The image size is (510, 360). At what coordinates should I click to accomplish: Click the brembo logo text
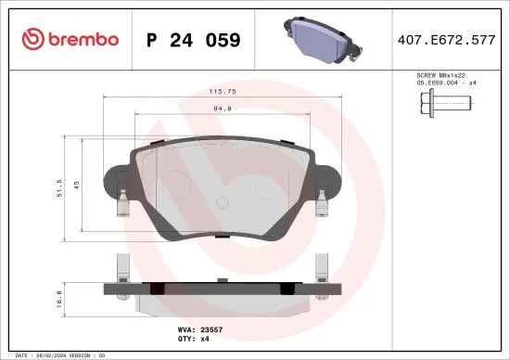coord(78,39)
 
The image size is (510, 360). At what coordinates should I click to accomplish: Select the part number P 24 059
coord(194,40)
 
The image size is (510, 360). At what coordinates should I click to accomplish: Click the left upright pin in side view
coord(121,269)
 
